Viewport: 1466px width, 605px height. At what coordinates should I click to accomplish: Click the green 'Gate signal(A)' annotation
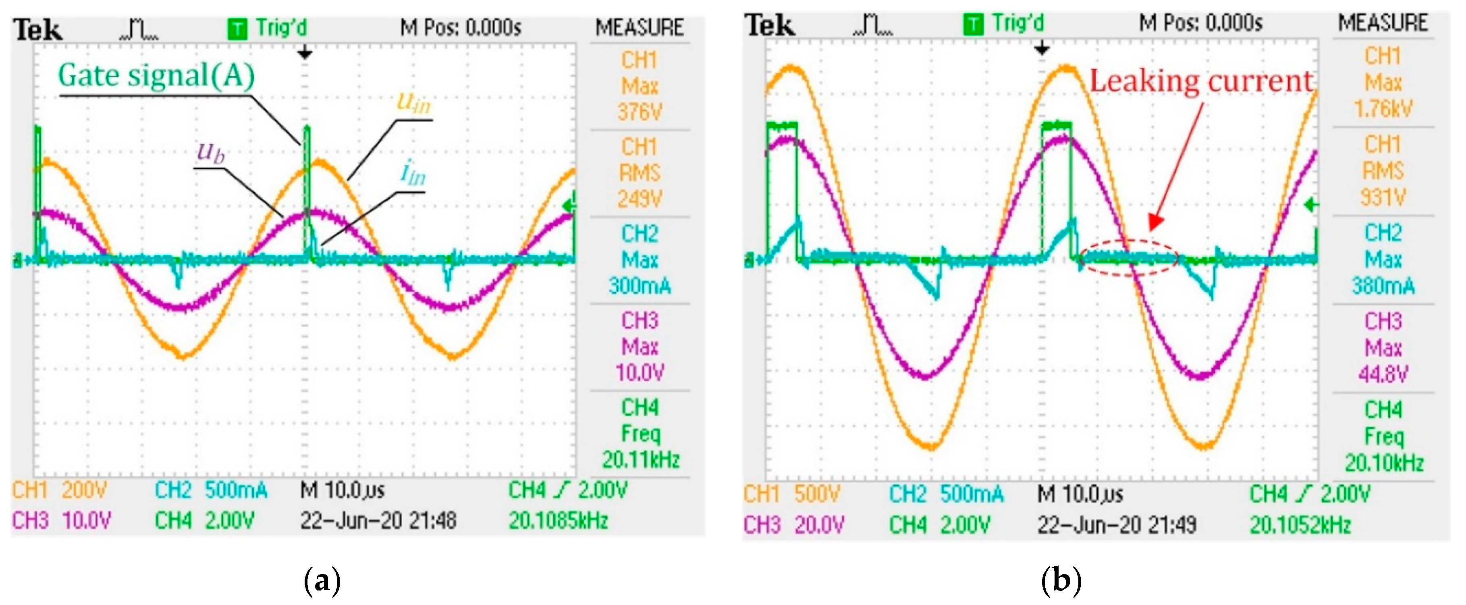coord(156,76)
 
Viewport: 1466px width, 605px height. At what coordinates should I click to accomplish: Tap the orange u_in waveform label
coord(414,102)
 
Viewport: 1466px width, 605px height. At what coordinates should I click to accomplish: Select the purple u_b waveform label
coord(211,152)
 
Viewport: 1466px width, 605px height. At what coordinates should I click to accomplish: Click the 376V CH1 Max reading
coord(640,112)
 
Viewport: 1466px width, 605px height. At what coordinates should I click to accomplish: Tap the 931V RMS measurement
coord(1383,198)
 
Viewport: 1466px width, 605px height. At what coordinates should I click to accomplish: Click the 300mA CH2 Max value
coord(640,285)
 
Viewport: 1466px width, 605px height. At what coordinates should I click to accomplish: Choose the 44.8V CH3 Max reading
coord(1383,374)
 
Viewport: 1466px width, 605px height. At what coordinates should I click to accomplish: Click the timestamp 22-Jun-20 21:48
coord(378,520)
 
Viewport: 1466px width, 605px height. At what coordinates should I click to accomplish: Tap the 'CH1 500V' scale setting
coord(791,494)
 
